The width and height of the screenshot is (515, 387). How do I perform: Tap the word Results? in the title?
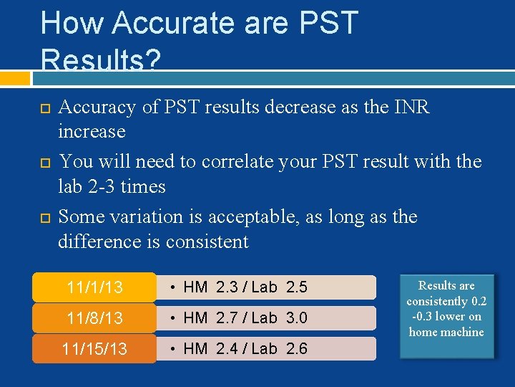pyautogui.click(x=100, y=59)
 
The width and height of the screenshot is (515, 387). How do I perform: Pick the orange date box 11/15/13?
pyautogui.click(x=94, y=349)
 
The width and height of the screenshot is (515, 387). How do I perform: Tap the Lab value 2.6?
pyautogui.click(x=296, y=349)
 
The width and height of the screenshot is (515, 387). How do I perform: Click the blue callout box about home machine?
pyautogui.click(x=446, y=308)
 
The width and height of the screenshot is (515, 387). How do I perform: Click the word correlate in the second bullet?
pyautogui.click(x=234, y=162)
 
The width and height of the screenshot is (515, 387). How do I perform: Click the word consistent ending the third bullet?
pyautogui.click(x=207, y=242)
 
